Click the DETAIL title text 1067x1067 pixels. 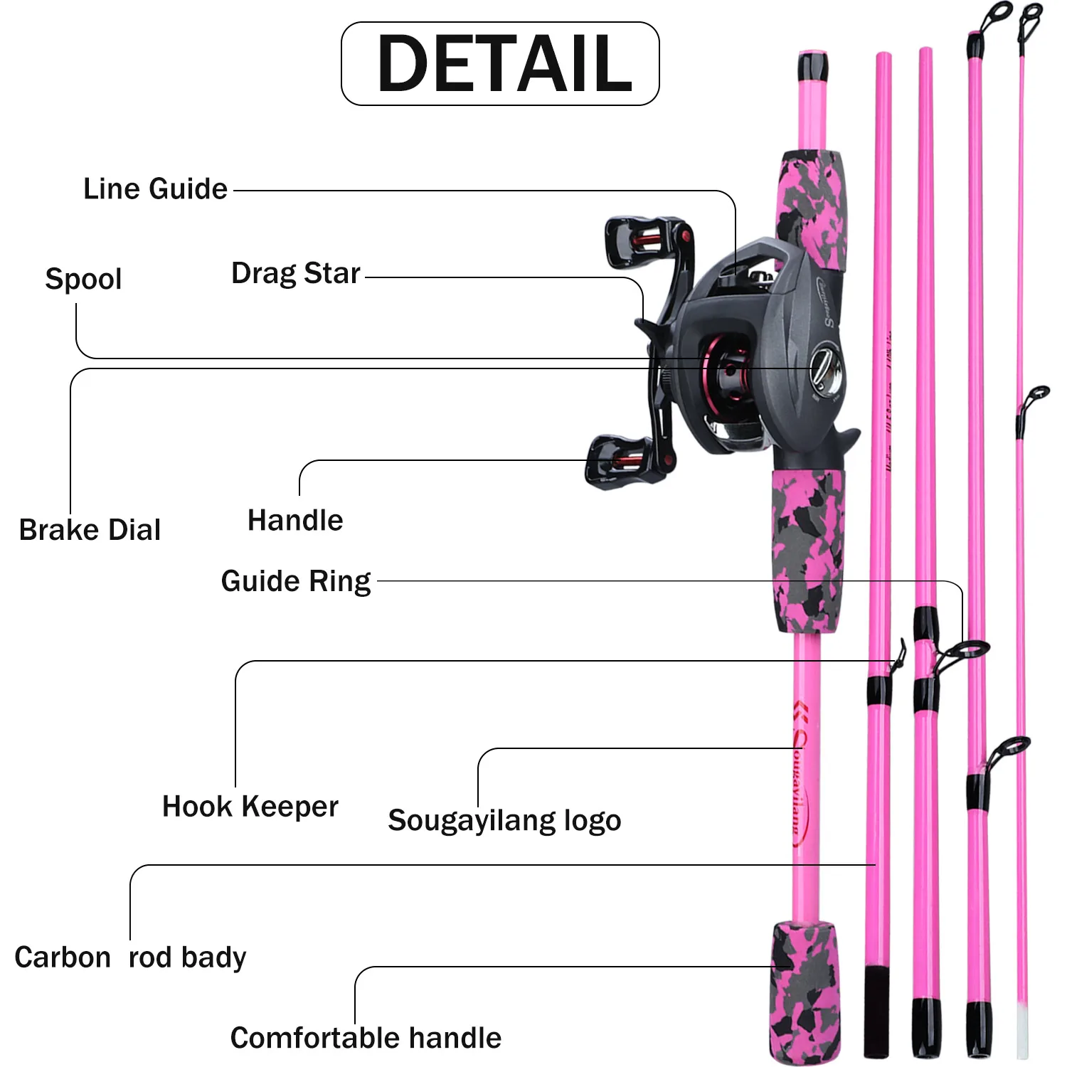(504, 64)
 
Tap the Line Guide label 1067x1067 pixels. (155, 189)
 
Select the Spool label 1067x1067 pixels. (83, 279)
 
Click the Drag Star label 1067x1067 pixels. (295, 274)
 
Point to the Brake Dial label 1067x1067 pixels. (90, 530)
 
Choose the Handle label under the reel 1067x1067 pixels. (295, 521)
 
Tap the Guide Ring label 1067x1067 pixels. (296, 582)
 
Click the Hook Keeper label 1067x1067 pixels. (250, 807)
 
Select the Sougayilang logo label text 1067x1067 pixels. (504, 820)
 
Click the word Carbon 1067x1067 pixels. (63, 957)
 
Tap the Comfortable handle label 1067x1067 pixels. (366, 1038)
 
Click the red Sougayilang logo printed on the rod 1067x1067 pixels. (801, 775)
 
